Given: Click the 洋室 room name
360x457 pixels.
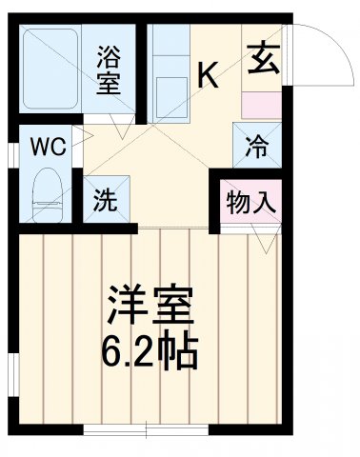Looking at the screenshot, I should pyautogui.click(x=150, y=308).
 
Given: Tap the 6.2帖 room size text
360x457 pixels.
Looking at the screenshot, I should pyautogui.click(x=150, y=352).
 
